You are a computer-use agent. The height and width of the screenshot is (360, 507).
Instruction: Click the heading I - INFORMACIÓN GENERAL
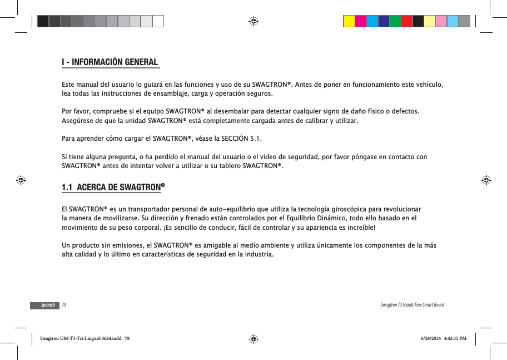point(110,62)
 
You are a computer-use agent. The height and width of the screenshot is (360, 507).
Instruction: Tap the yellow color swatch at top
point(349,21)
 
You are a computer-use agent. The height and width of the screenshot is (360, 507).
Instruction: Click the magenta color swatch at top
point(361,21)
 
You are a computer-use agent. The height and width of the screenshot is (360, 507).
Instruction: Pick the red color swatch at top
point(407,21)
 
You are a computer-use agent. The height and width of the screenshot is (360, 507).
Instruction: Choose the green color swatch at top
point(395,21)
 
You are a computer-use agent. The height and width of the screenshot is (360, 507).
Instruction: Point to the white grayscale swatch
point(158,21)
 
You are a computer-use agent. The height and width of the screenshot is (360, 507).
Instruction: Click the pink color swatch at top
point(441,21)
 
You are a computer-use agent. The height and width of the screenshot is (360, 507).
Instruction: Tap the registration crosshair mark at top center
point(253,21)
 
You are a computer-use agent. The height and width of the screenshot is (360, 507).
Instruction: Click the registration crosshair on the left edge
point(21,180)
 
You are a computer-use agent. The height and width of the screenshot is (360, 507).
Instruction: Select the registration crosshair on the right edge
point(485,180)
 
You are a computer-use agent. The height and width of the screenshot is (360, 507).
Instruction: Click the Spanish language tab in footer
point(48,305)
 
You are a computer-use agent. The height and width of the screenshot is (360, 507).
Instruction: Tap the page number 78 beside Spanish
point(64,305)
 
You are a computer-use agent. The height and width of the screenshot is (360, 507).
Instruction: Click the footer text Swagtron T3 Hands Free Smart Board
point(412,305)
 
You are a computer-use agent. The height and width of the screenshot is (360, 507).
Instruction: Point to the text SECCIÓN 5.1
point(240,139)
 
